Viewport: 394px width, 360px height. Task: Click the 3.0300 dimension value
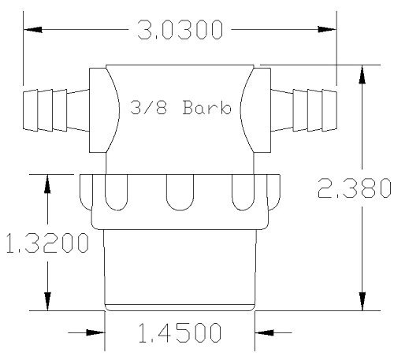[x=180, y=30]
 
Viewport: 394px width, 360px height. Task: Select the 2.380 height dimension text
[x=355, y=187]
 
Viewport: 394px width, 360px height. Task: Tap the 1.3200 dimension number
[x=47, y=243]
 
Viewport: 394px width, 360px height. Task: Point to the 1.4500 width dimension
[x=180, y=332]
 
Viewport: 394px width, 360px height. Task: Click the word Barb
[x=207, y=107]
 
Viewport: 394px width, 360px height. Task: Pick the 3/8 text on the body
[x=149, y=107]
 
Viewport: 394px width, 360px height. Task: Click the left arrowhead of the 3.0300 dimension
[x=33, y=29]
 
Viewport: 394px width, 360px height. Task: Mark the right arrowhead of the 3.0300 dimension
[x=327, y=29]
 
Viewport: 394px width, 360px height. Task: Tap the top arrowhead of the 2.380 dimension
[x=362, y=74]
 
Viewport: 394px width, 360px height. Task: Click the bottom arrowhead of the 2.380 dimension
[x=362, y=301]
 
